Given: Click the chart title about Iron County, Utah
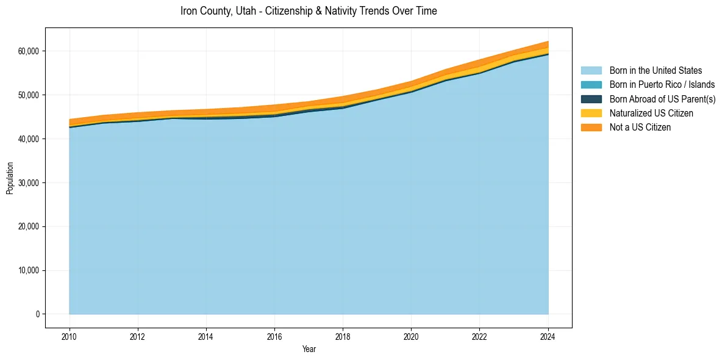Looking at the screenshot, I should pyautogui.click(x=309, y=11).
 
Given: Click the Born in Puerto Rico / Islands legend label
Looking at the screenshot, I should pyautogui.click(x=662, y=85).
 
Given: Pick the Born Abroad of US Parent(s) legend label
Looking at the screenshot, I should pyautogui.click(x=662, y=99).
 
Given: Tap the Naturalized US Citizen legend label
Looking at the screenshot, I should pyautogui.click(x=651, y=113).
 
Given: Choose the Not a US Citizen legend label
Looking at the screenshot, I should pyautogui.click(x=640, y=127).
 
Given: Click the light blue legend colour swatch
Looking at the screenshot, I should pyautogui.click(x=591, y=71).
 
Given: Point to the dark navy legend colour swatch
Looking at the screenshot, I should pyautogui.click(x=591, y=99).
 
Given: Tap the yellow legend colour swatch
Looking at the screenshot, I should pyautogui.click(x=591, y=113).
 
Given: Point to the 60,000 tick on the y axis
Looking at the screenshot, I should pyautogui.click(x=29, y=51).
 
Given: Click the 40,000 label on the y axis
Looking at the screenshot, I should pyautogui.click(x=29, y=139).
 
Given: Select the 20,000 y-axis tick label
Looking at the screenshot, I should pyautogui.click(x=29, y=227).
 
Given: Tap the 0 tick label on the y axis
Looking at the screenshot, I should pyautogui.click(x=37, y=314).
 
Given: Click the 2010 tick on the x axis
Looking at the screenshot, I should pyautogui.click(x=70, y=336).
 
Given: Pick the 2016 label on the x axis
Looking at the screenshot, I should pyautogui.click(x=274, y=336).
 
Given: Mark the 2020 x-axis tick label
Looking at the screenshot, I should pyautogui.click(x=411, y=336).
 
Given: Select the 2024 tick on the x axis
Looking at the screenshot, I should pyautogui.click(x=548, y=336).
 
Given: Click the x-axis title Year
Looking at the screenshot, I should pyautogui.click(x=309, y=349).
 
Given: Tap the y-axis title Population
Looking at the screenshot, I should pyautogui.click(x=10, y=178).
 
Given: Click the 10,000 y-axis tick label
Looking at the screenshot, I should pyautogui.click(x=29, y=271).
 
